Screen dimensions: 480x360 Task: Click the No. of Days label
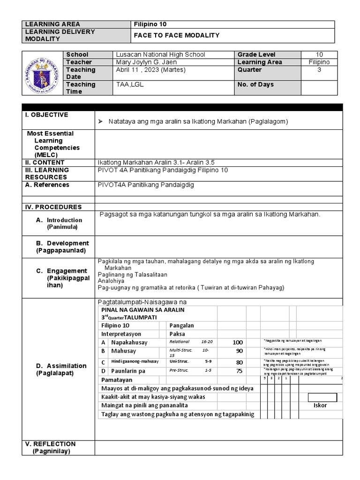[x=256, y=84]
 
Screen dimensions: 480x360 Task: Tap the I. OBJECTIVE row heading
[x=46, y=115]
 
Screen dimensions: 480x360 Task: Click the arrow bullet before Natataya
[x=100, y=121]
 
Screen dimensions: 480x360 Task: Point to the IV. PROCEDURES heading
[x=53, y=207]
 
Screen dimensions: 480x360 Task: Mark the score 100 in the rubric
[x=238, y=343]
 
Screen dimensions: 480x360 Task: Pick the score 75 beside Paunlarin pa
[x=240, y=371]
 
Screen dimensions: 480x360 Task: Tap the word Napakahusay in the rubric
[x=129, y=343]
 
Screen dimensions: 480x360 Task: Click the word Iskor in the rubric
[x=321, y=405]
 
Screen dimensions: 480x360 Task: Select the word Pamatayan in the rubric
[x=117, y=380]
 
